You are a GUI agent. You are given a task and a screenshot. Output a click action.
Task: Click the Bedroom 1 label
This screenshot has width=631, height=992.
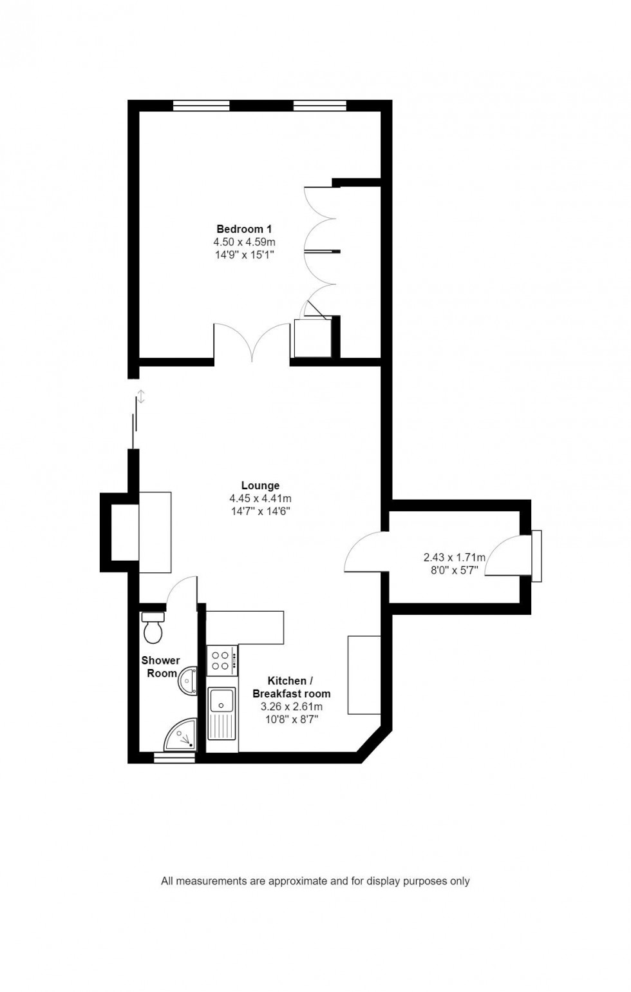244,229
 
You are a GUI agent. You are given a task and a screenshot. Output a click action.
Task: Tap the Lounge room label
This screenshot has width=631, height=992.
260,485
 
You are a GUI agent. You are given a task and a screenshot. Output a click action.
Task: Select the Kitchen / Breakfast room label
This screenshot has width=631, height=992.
291,687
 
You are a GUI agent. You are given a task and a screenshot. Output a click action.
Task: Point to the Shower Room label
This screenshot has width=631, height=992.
161,666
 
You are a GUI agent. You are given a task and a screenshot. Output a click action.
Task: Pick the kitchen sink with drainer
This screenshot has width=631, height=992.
223,714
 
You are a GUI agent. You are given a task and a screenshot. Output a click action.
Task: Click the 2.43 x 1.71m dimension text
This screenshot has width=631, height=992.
454,558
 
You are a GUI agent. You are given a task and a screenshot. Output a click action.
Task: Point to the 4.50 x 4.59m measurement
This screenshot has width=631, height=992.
244,242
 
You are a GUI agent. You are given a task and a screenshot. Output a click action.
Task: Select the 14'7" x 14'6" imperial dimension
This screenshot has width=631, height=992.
260,511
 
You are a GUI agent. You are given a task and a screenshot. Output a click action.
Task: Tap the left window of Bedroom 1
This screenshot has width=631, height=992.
201,106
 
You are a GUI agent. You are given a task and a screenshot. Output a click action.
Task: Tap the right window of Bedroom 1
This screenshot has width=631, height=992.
319,106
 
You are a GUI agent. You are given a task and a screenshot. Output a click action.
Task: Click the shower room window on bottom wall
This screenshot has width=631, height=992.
174,758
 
